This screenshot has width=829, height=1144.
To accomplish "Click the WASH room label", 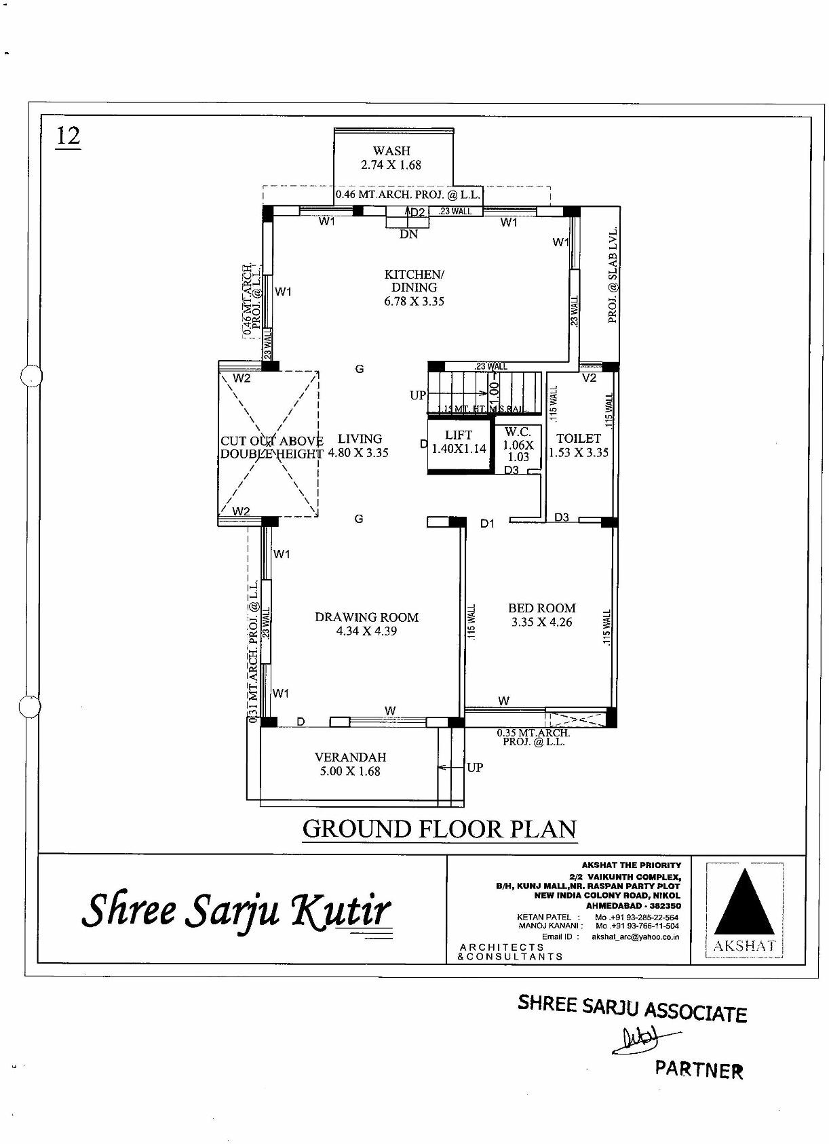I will tap(391, 151).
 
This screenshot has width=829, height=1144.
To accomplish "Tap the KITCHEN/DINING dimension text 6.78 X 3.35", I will tap(414, 301).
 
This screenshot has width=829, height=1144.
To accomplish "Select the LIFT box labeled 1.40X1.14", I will tap(459, 442).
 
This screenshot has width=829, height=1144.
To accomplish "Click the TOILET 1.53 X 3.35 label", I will tap(579, 446).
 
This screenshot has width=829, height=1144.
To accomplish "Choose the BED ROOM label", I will tap(541, 609).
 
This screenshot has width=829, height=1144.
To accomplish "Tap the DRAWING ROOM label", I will tap(366, 617).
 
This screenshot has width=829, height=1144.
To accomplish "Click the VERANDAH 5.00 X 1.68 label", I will tap(350, 764).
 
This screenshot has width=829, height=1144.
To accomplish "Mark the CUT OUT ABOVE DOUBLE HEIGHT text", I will tap(271, 448).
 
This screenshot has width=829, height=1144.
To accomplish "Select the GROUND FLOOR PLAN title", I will tap(439, 829).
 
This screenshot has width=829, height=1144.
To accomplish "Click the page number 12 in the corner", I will tap(68, 136).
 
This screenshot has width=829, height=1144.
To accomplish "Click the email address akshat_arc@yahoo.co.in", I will tap(635, 936).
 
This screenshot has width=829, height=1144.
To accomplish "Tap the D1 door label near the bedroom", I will tap(487, 524).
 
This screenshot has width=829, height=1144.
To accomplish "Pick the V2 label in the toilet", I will tap(589, 378).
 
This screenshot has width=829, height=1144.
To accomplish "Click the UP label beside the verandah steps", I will tap(475, 767).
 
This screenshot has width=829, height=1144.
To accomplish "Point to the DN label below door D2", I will tap(408, 234).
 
